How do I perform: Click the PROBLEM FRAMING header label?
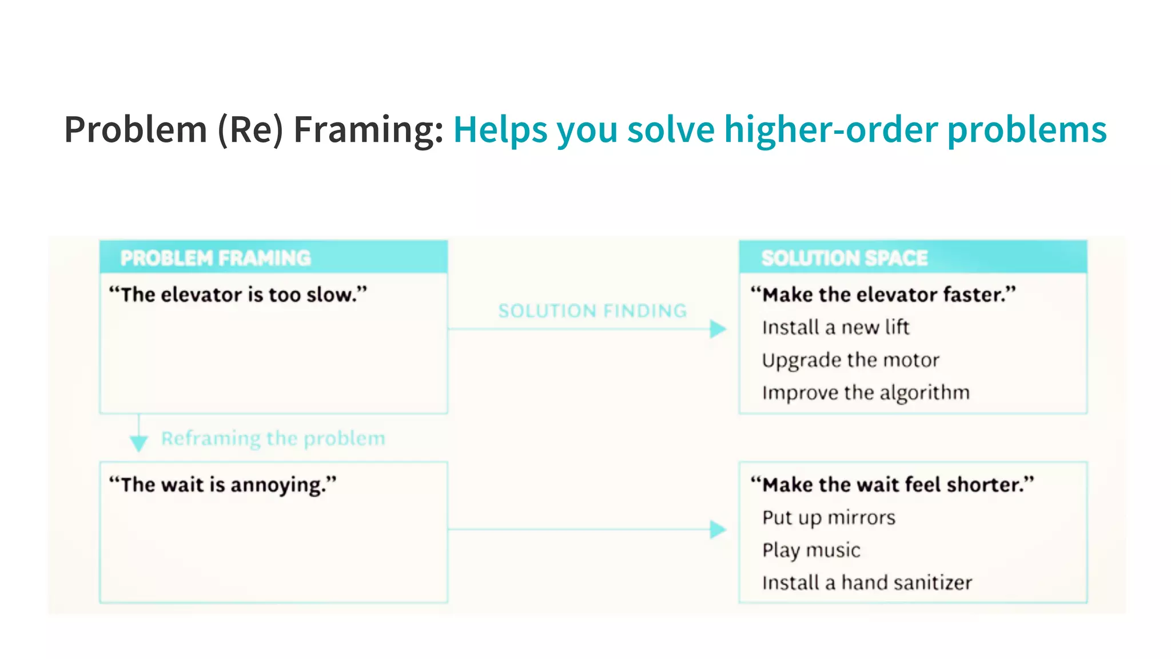(216, 258)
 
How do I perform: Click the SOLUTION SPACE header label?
(844, 258)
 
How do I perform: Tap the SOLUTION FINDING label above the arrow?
(592, 311)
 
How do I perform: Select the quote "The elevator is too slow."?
(238, 295)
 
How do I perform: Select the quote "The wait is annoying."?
(223, 485)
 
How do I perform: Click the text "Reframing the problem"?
(273, 438)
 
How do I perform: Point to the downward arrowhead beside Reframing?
(138, 443)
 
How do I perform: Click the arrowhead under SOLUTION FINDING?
(718, 329)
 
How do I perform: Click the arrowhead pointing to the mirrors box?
(718, 529)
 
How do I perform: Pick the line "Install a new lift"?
(835, 327)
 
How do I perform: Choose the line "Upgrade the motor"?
(850, 360)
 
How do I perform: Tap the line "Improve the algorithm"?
(866, 392)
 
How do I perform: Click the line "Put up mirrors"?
(829, 517)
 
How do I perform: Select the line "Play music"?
(811, 550)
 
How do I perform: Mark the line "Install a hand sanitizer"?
(867, 582)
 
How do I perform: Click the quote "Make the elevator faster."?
(883, 295)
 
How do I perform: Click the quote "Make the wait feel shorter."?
(892, 485)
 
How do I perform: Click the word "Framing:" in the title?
(369, 129)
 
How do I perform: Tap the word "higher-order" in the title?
(830, 129)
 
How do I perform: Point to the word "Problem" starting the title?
(136, 129)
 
